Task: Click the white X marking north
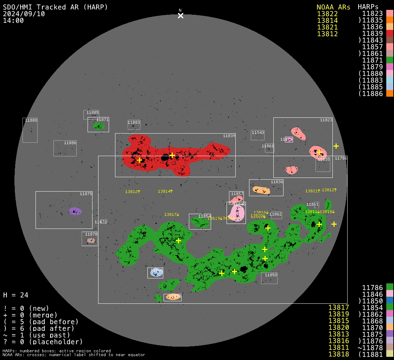[x=180, y=15]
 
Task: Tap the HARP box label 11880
[x=31, y=120]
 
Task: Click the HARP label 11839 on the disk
[x=229, y=136]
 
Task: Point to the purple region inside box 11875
[x=75, y=211]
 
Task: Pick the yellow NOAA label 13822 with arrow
[x=133, y=192]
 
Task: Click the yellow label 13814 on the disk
[x=165, y=191]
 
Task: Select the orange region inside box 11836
[x=261, y=190]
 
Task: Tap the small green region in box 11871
[x=99, y=126]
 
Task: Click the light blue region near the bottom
[x=157, y=272]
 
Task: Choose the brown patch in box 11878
[x=91, y=240]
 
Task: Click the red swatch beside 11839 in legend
[x=389, y=33]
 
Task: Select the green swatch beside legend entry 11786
[x=389, y=287]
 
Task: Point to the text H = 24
[x=15, y=295]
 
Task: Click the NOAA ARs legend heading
[x=333, y=7]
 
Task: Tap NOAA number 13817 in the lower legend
[x=338, y=307]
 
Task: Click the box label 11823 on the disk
[x=326, y=120]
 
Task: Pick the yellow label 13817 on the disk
[x=172, y=214]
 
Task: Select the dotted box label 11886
[x=70, y=143]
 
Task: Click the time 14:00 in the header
[x=13, y=20]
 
